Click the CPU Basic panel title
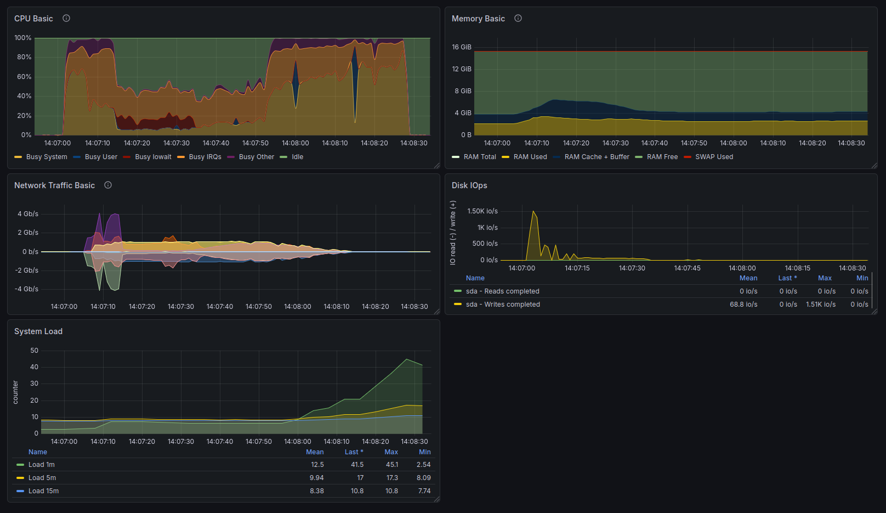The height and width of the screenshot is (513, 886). (x=33, y=19)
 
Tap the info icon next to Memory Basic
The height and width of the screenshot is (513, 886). (x=518, y=18)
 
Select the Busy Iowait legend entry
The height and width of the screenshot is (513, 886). (x=153, y=157)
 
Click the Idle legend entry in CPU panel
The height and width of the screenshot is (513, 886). (x=298, y=157)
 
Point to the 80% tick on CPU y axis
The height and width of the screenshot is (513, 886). (x=24, y=57)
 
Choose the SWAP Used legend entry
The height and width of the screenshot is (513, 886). (x=714, y=157)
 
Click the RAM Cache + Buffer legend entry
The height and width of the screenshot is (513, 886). (x=597, y=157)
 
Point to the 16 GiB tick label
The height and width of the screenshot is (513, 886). (x=462, y=47)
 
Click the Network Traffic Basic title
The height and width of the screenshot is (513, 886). (x=55, y=185)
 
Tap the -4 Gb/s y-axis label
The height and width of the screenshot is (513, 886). (x=26, y=289)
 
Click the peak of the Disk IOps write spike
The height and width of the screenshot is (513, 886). (x=533, y=211)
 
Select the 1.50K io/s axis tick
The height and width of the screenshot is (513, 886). (x=482, y=211)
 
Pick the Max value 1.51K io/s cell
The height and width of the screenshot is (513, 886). (x=821, y=305)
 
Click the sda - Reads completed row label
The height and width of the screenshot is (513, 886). (x=503, y=291)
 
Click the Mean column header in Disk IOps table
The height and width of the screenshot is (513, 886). (x=748, y=278)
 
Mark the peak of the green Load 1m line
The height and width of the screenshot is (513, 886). (x=407, y=359)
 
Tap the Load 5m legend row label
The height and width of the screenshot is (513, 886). (x=42, y=478)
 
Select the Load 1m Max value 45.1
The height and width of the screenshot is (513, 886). (x=392, y=465)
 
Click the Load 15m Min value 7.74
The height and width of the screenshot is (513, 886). (x=424, y=491)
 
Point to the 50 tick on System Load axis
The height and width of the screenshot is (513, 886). (x=35, y=350)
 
